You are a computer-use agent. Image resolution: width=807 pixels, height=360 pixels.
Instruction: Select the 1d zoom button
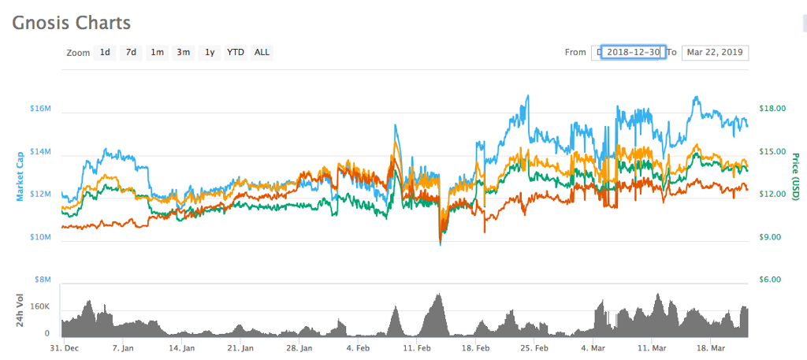tap(105, 53)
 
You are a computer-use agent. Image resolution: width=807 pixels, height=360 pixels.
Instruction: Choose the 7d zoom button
tap(132, 53)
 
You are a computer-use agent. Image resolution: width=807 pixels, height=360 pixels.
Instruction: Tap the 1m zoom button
tap(158, 53)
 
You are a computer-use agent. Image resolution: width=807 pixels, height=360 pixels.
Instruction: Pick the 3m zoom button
tap(184, 53)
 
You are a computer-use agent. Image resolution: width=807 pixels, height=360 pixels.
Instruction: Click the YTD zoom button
tap(236, 53)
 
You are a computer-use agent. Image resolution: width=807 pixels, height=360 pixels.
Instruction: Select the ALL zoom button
tap(262, 53)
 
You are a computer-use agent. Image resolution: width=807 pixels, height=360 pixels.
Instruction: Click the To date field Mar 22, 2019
tap(715, 53)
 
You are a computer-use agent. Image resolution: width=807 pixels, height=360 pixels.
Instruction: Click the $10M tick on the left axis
tap(40, 237)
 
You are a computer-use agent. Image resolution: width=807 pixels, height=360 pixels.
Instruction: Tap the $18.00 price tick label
tap(772, 109)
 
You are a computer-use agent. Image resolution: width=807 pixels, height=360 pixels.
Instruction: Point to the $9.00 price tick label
tap(772, 237)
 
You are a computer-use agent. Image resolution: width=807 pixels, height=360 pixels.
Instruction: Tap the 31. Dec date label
tap(64, 347)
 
